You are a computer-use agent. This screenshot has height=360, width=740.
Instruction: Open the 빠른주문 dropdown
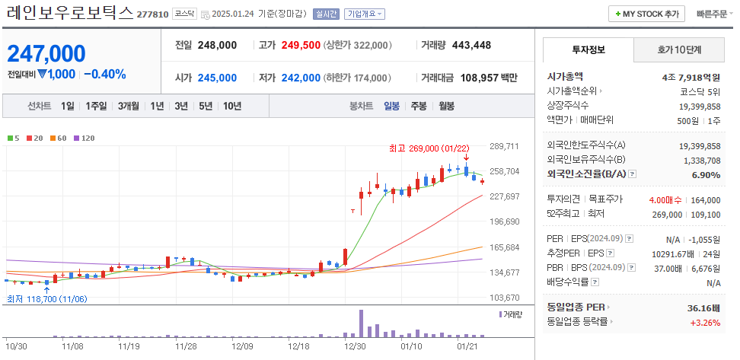[711, 14]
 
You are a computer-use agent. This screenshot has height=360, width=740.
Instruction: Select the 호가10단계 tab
[680, 49]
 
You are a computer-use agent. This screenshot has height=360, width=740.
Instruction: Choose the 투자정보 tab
[588, 49]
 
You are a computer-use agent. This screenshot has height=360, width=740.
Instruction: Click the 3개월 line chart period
[128, 106]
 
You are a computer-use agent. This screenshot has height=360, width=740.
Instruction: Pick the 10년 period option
[232, 106]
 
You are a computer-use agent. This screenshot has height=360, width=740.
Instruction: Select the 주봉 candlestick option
[419, 106]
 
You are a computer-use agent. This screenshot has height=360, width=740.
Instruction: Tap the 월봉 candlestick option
[446, 106]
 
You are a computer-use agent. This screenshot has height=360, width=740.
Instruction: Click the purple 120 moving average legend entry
[84, 138]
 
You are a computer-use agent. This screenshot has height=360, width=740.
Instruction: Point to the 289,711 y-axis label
[504, 146]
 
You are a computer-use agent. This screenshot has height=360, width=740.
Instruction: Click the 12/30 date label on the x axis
[355, 346]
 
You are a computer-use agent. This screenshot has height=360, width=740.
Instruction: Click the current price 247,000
[46, 54]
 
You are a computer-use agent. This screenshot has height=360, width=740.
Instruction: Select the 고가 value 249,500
[300, 45]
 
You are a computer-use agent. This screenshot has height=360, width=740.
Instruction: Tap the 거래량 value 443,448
[471, 45]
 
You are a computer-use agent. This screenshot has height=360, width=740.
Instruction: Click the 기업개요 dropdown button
[365, 14]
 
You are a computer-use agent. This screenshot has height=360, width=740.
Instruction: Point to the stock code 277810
[152, 14]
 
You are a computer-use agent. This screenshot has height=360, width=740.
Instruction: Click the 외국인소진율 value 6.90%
[704, 175]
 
